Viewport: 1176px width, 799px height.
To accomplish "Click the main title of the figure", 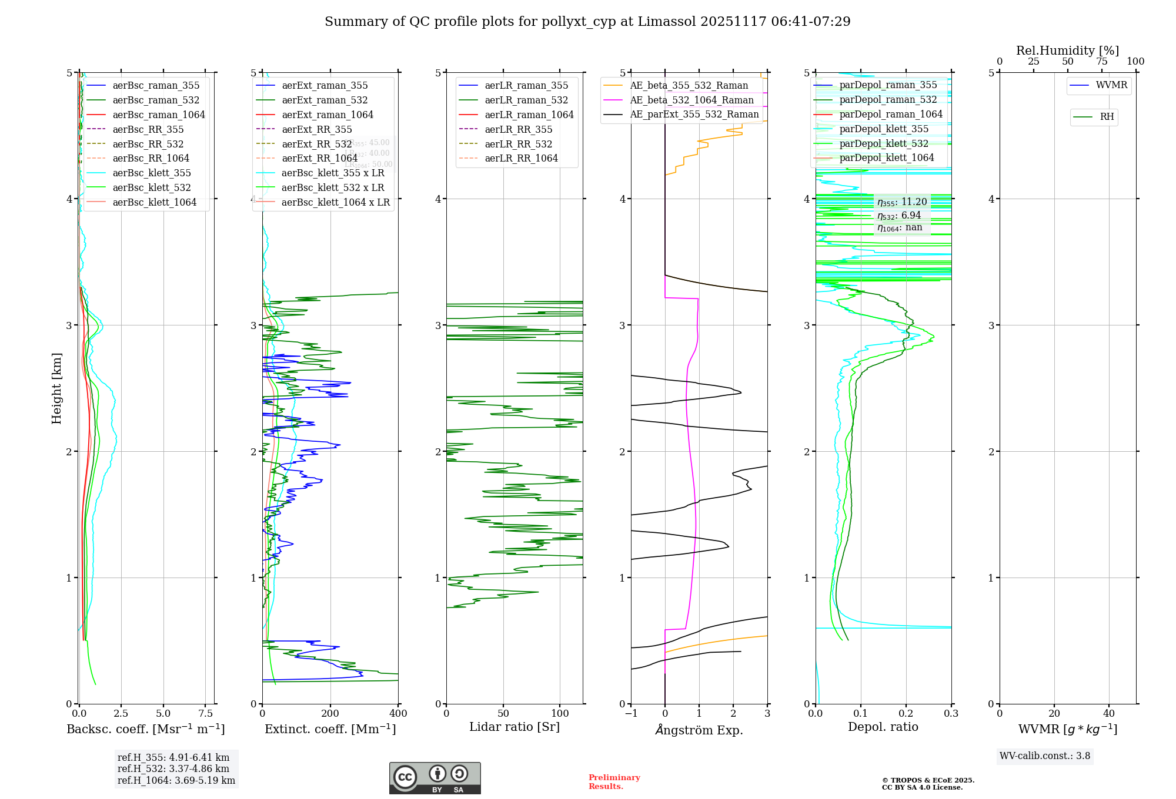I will click(587, 22).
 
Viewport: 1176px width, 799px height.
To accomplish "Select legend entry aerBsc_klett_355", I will click(152, 173).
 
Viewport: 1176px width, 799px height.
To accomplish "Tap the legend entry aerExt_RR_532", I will click(317, 144).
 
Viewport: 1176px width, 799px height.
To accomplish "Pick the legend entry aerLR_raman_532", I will click(526, 100).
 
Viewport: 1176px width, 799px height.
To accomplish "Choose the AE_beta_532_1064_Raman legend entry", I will click(691, 100).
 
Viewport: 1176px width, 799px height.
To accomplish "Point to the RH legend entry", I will click(1107, 117).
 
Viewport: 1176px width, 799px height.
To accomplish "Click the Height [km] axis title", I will click(56, 388).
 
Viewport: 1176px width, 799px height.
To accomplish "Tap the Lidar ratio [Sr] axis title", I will click(514, 727).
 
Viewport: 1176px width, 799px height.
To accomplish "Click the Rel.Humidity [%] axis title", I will click(1067, 51).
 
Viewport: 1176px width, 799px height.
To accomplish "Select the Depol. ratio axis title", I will click(883, 727).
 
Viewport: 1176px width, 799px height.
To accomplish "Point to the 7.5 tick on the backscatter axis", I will click(206, 713).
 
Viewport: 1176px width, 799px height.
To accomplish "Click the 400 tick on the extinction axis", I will click(398, 713).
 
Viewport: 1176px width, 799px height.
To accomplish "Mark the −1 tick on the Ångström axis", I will click(630, 713).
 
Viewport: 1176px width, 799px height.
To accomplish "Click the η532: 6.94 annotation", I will click(899, 216).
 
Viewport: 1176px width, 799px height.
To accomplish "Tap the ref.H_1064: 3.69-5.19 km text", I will click(176, 780).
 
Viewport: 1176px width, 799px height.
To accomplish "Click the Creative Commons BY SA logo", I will click(435, 778).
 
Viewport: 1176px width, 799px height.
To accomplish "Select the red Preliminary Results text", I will click(614, 781).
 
